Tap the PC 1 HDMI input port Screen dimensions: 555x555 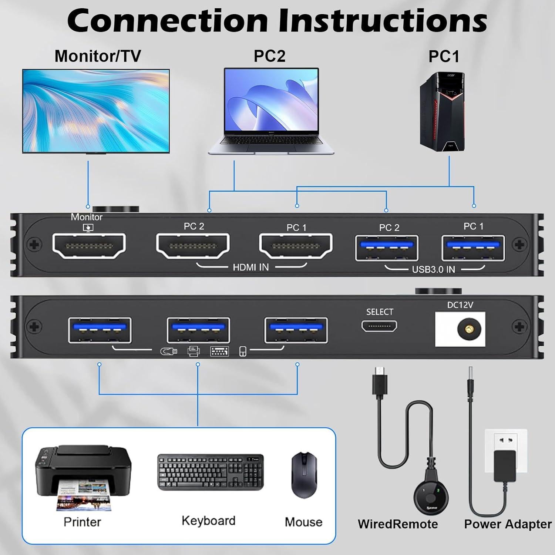296,246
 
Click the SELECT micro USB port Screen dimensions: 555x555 379,326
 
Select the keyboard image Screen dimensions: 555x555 211,472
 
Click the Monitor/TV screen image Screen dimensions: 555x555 96,111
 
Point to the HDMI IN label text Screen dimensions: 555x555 250,267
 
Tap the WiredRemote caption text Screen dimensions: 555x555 398,524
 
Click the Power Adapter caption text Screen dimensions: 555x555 508,524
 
